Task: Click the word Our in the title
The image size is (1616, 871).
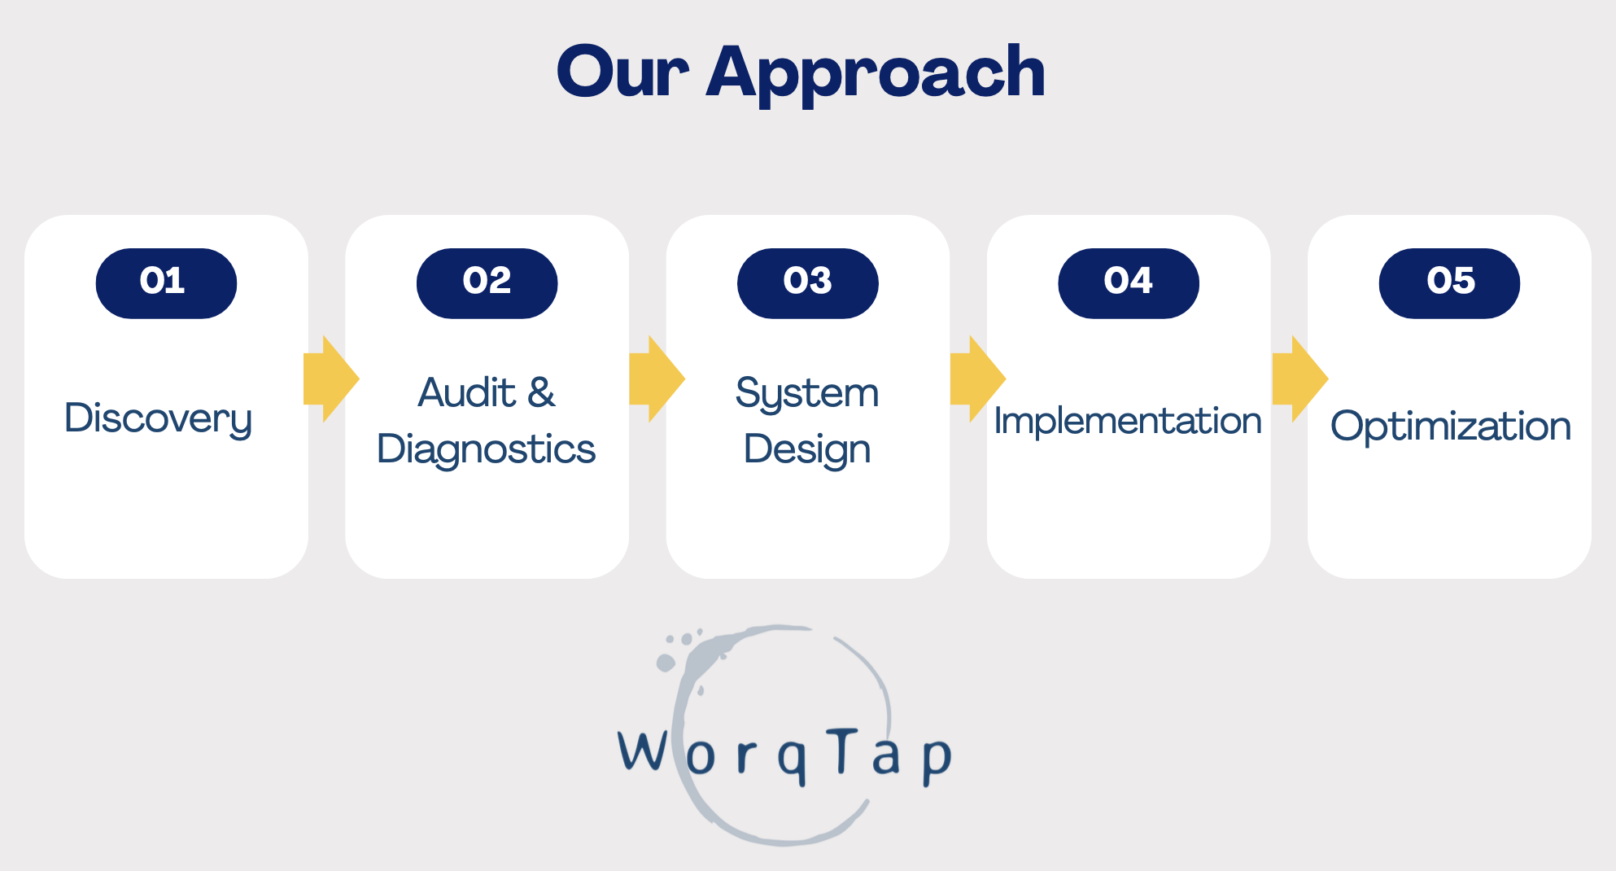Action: [622, 72]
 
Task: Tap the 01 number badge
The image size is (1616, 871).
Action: [166, 282]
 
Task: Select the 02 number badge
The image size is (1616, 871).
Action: [487, 282]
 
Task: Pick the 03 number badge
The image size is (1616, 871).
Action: [807, 282]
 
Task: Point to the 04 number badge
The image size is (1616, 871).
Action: [1128, 282]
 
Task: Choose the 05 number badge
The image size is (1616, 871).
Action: [1449, 282]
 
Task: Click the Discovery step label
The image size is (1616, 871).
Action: [159, 419]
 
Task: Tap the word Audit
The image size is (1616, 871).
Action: [467, 392]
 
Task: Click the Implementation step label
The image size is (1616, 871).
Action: [1128, 422]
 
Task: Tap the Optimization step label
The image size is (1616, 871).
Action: [1451, 426]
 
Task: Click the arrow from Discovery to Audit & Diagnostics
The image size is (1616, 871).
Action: [331, 379]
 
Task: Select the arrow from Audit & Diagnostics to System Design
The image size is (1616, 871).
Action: [657, 379]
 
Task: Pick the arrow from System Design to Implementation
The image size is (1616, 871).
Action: [978, 379]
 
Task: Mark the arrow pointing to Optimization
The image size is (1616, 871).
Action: [1300, 379]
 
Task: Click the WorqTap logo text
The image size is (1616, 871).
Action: [784, 755]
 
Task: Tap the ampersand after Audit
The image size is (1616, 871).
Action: [541, 392]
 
